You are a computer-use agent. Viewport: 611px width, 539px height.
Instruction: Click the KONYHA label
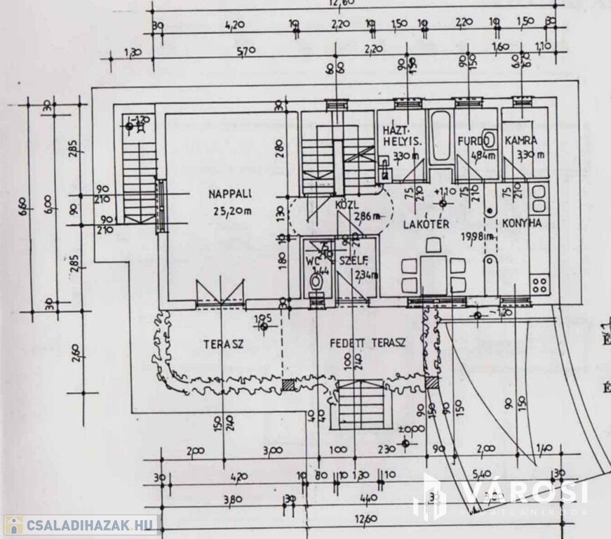click(521, 224)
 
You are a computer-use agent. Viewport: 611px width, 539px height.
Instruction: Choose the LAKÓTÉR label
click(424, 224)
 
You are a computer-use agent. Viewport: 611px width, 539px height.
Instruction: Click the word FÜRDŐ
click(471, 140)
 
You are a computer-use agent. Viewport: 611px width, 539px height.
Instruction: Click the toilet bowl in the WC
click(316, 282)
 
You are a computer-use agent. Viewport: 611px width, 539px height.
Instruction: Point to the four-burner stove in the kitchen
click(539, 284)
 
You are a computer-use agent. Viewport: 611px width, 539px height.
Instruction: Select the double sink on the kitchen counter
click(539, 199)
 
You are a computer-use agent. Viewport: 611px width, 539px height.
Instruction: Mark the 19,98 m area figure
click(476, 237)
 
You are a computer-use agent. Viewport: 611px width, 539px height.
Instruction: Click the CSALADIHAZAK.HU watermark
click(80, 524)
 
